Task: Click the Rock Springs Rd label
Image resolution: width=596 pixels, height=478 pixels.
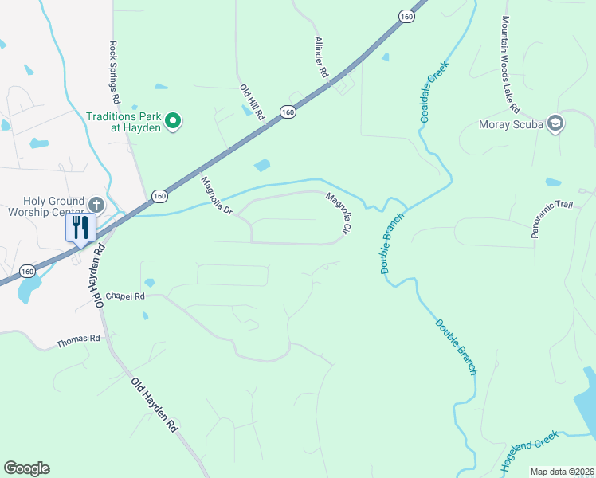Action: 115,72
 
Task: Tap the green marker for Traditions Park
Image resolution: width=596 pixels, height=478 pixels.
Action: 173,122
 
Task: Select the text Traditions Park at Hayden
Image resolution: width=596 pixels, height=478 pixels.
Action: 124,122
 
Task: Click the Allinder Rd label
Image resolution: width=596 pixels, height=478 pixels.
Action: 321,57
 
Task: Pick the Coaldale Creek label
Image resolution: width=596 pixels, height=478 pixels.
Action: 431,92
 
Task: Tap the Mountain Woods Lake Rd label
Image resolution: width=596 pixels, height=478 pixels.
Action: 510,64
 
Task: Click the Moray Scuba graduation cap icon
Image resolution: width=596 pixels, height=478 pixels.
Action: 555,123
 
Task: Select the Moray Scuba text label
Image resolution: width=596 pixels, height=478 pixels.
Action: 511,124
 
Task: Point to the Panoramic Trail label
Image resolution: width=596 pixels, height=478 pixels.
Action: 552,220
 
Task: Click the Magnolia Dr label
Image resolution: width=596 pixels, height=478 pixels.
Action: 215,197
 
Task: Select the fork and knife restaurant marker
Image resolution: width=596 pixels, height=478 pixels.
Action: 80,227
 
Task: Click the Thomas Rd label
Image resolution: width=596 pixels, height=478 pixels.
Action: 78,341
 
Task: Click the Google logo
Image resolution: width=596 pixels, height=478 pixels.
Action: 26,468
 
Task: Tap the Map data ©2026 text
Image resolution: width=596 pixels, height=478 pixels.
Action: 562,472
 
